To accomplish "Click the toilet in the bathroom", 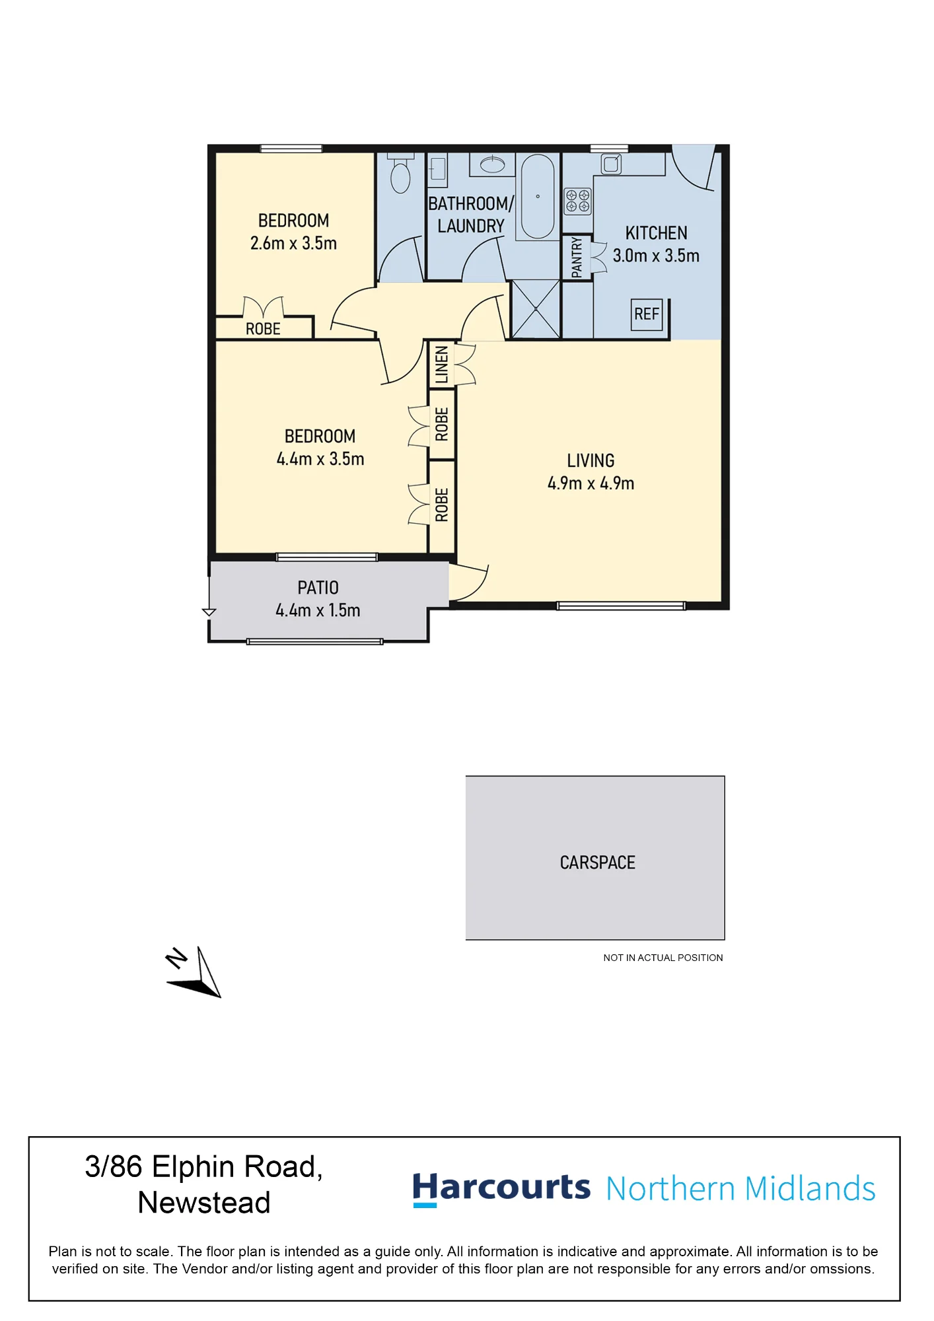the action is click(400, 172).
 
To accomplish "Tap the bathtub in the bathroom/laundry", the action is click(538, 197).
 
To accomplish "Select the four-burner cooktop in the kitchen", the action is click(577, 201).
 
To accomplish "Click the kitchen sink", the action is click(611, 163).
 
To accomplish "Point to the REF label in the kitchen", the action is click(647, 314).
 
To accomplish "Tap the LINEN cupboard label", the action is click(441, 365).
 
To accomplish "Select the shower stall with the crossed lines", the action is click(536, 309).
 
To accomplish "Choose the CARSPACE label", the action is click(597, 863).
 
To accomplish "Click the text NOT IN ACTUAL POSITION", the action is click(663, 958).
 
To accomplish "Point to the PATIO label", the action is click(318, 588).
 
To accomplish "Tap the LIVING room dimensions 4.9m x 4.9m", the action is click(591, 483).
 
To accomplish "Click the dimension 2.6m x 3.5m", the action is click(293, 243).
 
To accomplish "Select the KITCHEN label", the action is click(656, 233).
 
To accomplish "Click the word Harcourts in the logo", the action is click(501, 1188).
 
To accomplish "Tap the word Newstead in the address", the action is click(204, 1203).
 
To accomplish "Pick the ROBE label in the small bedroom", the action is click(263, 329).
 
